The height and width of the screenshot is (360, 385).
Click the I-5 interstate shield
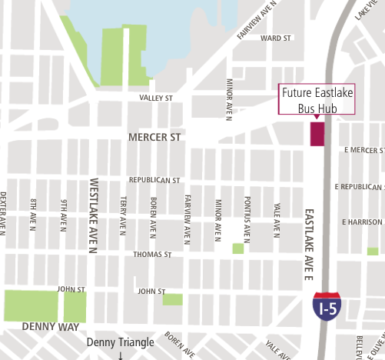pos(327,306)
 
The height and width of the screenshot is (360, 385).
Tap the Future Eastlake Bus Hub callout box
pos(317,100)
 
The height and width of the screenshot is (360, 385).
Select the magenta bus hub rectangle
pos(317,133)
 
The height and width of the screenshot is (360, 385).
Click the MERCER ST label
pos(154,138)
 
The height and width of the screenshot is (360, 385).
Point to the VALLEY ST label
pos(157,98)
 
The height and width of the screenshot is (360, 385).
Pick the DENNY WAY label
pos(51,327)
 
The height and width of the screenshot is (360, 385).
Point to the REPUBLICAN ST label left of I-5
pos(154,180)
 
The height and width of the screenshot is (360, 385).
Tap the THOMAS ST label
pos(151,254)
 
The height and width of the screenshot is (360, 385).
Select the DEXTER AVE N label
pos(4,210)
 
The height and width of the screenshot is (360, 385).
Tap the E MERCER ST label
pos(364,150)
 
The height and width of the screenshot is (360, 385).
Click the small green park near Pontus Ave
pos(238,248)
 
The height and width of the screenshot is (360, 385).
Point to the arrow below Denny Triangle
pos(121,355)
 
